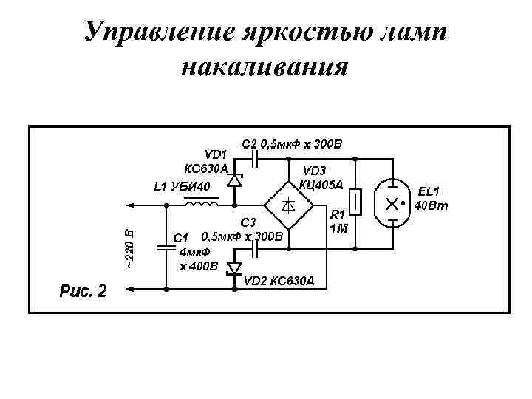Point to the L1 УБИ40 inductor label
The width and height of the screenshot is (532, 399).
[182, 185]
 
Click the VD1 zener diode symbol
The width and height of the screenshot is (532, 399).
[235, 180]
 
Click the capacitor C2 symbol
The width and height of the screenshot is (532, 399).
[256, 157]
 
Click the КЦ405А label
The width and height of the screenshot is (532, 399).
[323, 184]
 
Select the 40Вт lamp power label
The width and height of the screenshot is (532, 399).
[431, 205]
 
